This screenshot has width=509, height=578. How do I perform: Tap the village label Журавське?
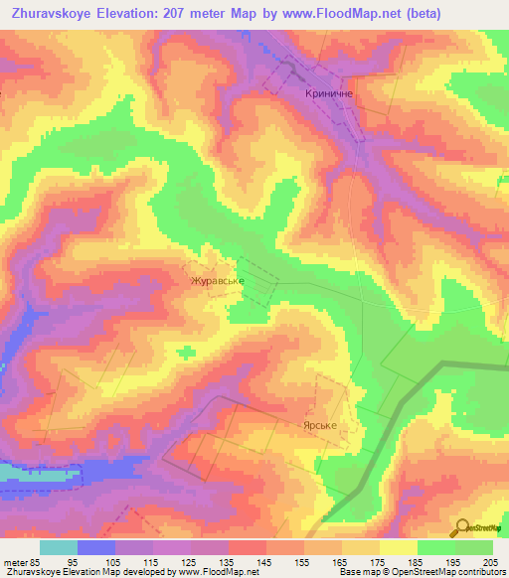pos(218,281)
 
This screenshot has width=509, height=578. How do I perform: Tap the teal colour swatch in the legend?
pos(58,547)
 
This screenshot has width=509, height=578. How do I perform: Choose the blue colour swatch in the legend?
pos(95,547)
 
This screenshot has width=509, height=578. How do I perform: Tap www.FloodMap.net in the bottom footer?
pos(213,572)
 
